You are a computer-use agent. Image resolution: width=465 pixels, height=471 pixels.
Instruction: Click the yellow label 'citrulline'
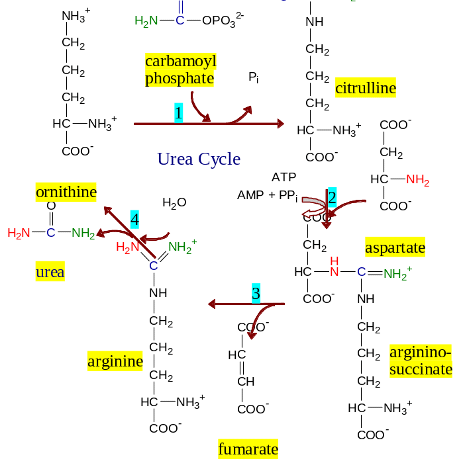[x=365, y=88]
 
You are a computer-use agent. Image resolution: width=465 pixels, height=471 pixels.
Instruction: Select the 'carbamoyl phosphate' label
[x=181, y=70]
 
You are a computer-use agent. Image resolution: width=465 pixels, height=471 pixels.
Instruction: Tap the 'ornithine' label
[x=66, y=193]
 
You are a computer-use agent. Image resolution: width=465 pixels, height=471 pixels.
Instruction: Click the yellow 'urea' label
[x=50, y=272]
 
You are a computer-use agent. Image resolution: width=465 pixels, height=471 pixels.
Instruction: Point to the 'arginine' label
[x=115, y=361]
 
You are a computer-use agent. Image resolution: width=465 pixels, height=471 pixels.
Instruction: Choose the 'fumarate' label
[x=248, y=450]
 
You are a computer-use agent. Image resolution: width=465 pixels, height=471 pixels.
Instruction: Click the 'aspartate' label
[x=395, y=248]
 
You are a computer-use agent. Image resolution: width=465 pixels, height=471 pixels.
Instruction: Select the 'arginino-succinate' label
[x=421, y=361]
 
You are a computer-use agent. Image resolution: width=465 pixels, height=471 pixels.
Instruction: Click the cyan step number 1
[x=179, y=113]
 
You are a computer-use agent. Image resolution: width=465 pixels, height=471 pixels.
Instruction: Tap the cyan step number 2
[x=332, y=196]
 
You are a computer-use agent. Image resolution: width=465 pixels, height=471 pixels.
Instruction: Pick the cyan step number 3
[x=256, y=294]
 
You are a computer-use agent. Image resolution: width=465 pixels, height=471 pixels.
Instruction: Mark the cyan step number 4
[x=134, y=220]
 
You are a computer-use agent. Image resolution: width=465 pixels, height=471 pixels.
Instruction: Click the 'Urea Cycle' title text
[x=199, y=159]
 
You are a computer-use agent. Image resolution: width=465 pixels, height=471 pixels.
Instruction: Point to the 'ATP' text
[x=284, y=177]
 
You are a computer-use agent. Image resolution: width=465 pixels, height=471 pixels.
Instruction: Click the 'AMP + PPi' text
[x=268, y=195]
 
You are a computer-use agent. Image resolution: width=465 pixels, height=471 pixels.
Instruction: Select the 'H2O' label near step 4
[x=174, y=202]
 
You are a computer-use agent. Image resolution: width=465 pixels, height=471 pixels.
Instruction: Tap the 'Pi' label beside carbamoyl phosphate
[x=254, y=77]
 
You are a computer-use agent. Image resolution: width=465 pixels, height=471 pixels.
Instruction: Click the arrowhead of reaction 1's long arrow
[x=280, y=124]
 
